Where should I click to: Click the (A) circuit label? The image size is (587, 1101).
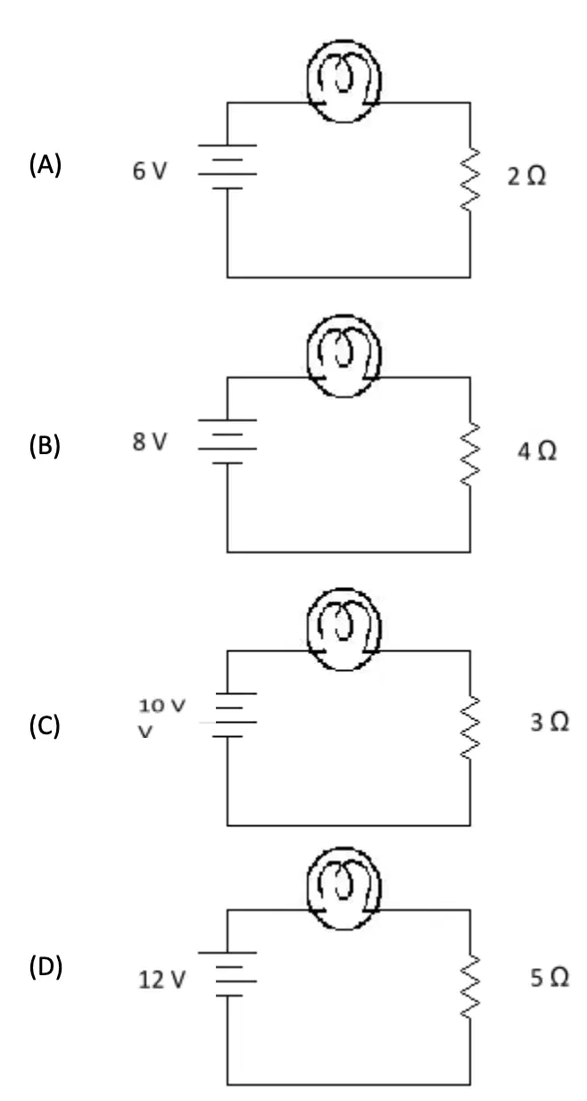(x=45, y=165)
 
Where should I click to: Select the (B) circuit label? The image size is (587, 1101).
(x=45, y=445)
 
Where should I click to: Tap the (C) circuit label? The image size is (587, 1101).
(x=45, y=726)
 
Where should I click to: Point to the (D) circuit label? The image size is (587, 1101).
(x=45, y=967)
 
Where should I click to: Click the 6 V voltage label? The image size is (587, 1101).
(x=150, y=171)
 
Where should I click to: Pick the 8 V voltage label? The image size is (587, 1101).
(x=150, y=442)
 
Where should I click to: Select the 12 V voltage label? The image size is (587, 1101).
(x=161, y=980)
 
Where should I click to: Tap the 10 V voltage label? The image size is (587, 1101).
(x=161, y=706)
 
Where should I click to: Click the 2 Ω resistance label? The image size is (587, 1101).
(x=526, y=176)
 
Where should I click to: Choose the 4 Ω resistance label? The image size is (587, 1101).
(x=537, y=451)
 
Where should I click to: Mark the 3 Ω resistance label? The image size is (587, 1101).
(x=550, y=722)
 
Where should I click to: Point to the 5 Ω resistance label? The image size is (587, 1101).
(x=550, y=977)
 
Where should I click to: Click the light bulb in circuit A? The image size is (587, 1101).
(x=344, y=81)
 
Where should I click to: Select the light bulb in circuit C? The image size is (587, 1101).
(x=344, y=629)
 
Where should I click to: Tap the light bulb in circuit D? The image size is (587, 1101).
(x=344, y=889)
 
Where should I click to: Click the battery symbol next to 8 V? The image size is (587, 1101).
(x=227, y=442)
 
